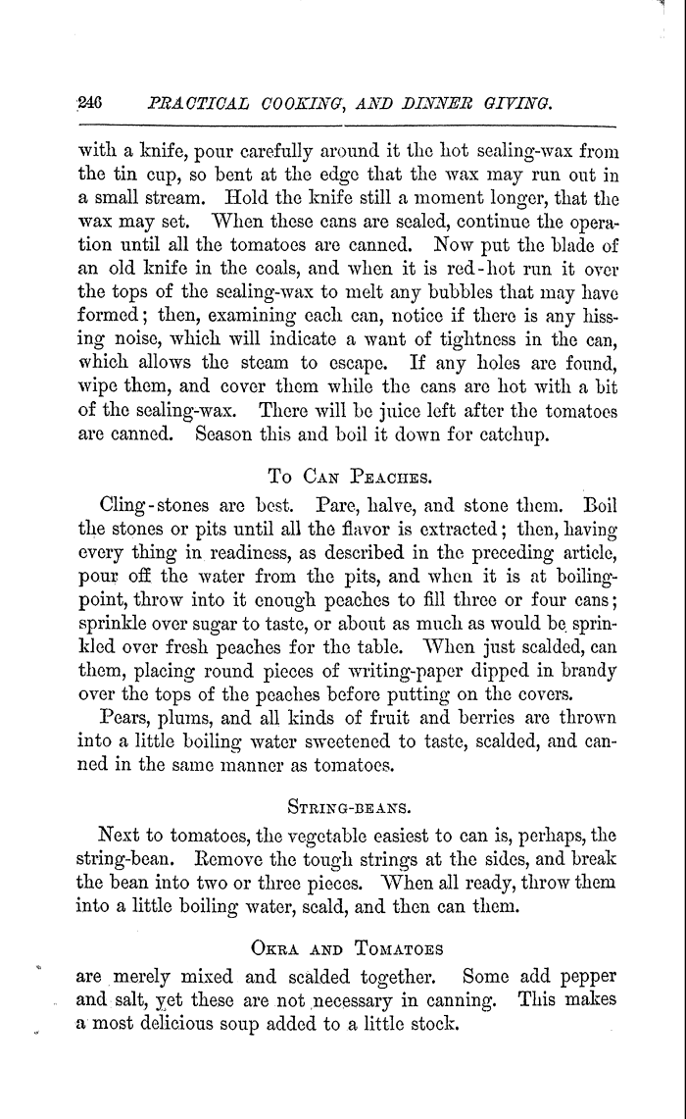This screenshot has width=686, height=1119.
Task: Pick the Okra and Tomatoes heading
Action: (346, 949)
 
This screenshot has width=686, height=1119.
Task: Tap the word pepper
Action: (583, 977)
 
